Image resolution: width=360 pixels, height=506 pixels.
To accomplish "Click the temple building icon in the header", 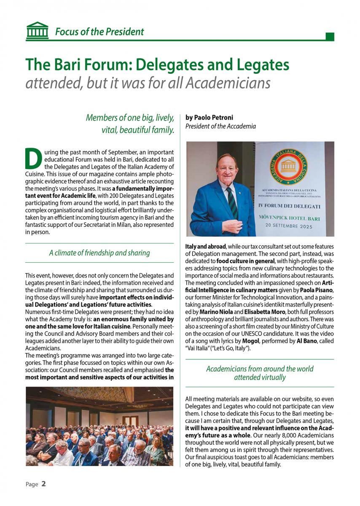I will [x=37, y=31].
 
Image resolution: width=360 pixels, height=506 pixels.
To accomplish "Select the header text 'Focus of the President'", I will [x=99, y=32].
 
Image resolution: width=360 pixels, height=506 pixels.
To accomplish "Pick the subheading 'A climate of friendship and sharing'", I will [x=99, y=253].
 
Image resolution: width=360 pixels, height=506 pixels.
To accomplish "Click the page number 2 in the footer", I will [x=43, y=484].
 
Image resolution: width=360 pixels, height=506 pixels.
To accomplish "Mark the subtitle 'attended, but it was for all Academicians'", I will [x=148, y=83].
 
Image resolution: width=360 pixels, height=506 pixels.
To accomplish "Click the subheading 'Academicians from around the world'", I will [x=260, y=369].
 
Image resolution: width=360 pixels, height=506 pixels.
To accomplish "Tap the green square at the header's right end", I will [x=330, y=37].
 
